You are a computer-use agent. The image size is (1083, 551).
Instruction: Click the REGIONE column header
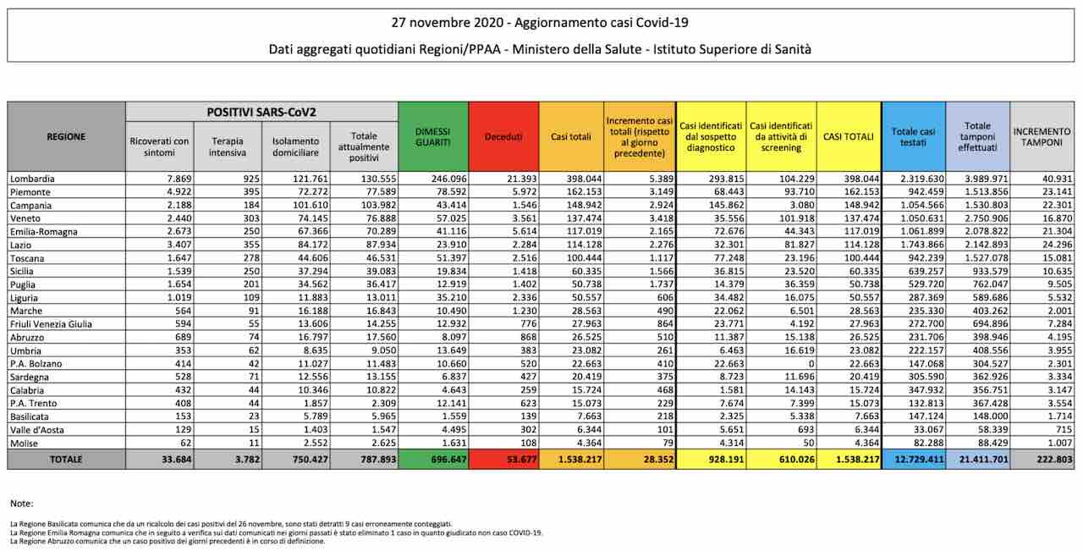(66, 137)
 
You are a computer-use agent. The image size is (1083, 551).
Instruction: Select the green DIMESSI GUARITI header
(432, 137)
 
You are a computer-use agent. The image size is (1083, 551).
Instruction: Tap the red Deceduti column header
(503, 137)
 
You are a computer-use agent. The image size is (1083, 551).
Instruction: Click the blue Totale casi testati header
(913, 137)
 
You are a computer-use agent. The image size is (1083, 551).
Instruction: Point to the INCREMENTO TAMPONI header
(1042, 137)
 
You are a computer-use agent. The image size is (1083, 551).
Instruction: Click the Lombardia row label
(32, 179)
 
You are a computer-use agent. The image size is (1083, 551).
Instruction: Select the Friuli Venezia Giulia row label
(51, 324)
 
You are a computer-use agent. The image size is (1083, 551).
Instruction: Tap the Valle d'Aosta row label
(36, 430)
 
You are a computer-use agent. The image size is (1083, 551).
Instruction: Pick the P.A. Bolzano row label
(36, 364)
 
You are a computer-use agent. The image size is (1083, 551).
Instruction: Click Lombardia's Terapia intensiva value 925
(251, 179)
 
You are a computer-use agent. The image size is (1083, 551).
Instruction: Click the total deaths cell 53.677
(522, 459)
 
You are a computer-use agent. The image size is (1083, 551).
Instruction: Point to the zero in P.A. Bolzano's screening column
(811, 364)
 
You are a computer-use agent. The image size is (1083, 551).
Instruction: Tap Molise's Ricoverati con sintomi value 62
(185, 443)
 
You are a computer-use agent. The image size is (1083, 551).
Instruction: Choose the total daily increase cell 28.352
(658, 459)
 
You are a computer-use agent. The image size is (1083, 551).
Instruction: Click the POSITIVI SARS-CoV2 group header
(261, 113)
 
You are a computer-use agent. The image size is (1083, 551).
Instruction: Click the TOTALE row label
(66, 459)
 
